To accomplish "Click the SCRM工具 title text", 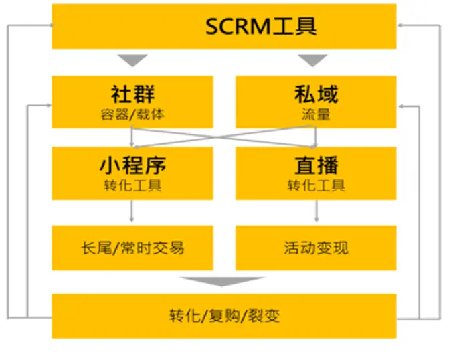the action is pyautogui.click(x=260, y=26).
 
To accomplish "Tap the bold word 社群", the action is pyautogui.click(x=132, y=93).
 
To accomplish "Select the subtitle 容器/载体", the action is pyautogui.click(x=132, y=114).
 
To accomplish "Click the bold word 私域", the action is pyautogui.click(x=316, y=93).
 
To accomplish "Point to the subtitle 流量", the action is pyautogui.click(x=316, y=114).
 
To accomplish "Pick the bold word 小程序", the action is pyautogui.click(x=132, y=165).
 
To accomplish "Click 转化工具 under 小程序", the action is pyautogui.click(x=132, y=185).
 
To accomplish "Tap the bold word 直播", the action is pyautogui.click(x=316, y=165).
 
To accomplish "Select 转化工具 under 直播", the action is pyautogui.click(x=316, y=185).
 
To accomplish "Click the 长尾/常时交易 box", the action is pyautogui.click(x=132, y=248).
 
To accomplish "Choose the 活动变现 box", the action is pyautogui.click(x=316, y=248).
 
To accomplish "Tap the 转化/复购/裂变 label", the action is pyautogui.click(x=224, y=315).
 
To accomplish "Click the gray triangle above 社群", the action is pyautogui.click(x=132, y=60).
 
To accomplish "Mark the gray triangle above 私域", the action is pyautogui.click(x=312, y=60).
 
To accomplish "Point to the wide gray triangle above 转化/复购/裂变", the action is pyautogui.click(x=224, y=282).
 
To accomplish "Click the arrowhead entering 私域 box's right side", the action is pyautogui.click(x=401, y=106).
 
